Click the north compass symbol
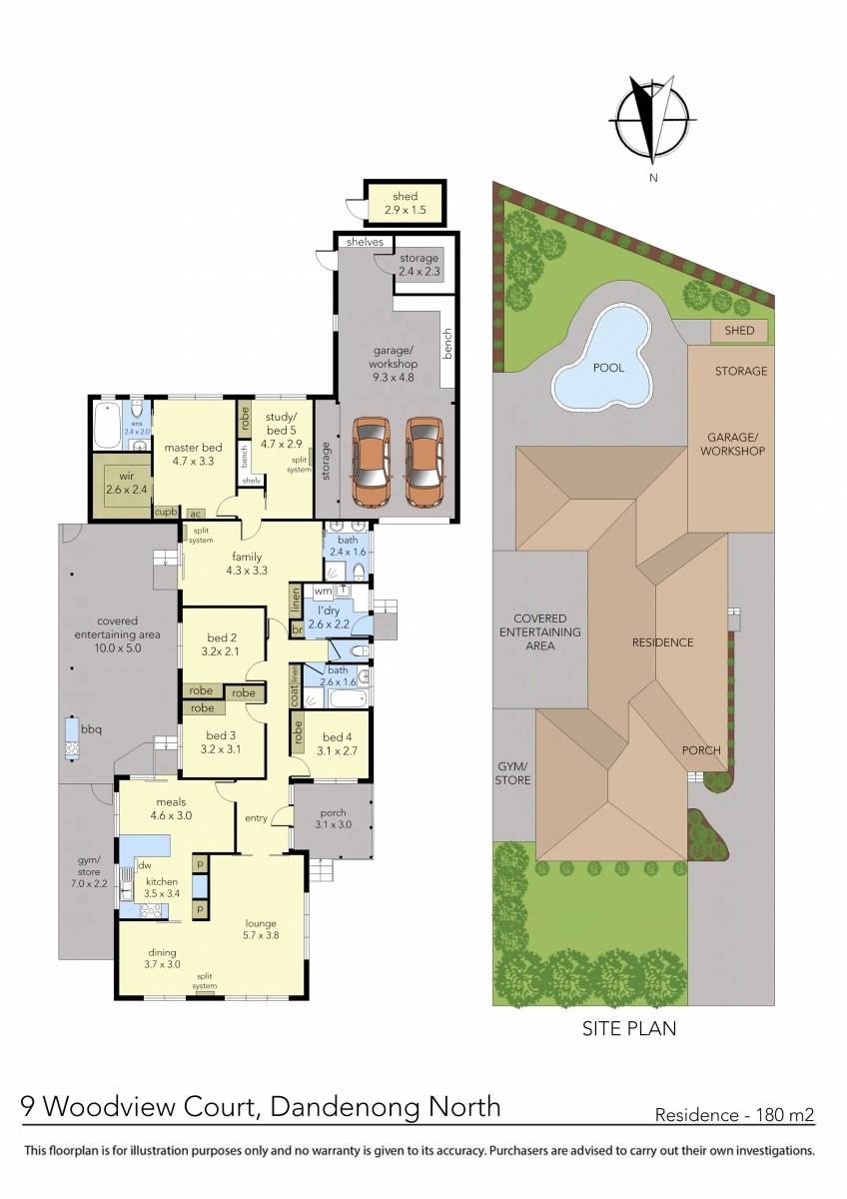tap(652, 118)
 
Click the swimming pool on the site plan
tap(602, 368)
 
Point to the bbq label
tap(92, 729)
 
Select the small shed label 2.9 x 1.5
tap(405, 203)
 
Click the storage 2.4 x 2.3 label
tap(419, 265)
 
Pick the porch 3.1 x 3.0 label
tap(333, 817)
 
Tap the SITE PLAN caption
tap(629, 1027)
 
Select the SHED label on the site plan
tap(740, 331)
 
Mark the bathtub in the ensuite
tap(106, 427)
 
